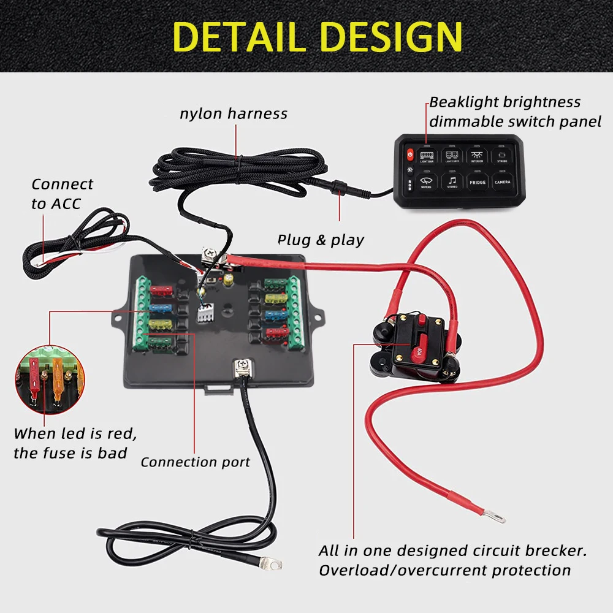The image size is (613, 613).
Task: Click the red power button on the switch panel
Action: point(409,154)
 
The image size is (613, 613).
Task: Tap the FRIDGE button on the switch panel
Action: point(478,182)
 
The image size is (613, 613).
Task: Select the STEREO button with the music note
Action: point(452,182)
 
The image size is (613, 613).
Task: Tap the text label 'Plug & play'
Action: point(321,240)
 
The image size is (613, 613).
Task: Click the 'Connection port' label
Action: point(195,462)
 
